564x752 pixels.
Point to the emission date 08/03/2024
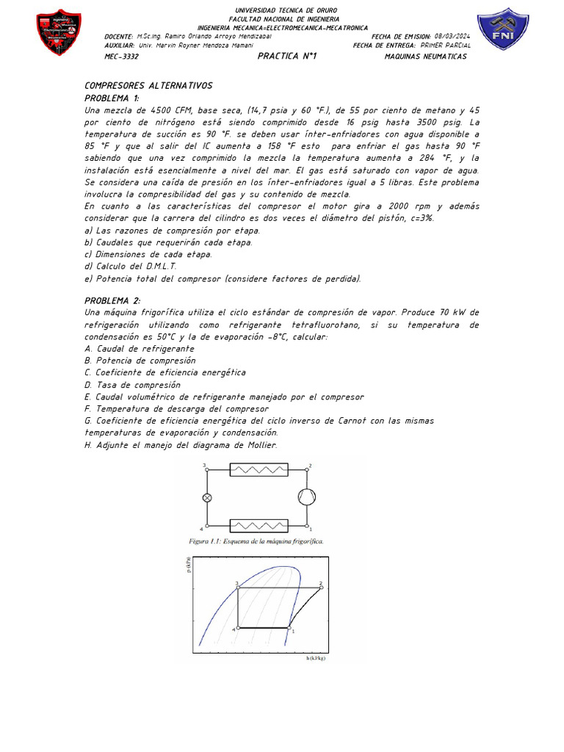point(452,36)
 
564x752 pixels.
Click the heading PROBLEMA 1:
point(112,98)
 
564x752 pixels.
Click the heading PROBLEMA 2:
point(112,300)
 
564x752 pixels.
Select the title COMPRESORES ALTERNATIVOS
point(148,86)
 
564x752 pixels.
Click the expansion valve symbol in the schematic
point(207,497)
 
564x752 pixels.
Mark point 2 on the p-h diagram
point(321,587)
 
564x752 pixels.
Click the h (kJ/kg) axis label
point(316,658)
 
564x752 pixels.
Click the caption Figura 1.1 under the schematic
point(256,541)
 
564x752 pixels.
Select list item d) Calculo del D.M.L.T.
point(131,267)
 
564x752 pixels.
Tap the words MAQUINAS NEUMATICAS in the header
point(426,57)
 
